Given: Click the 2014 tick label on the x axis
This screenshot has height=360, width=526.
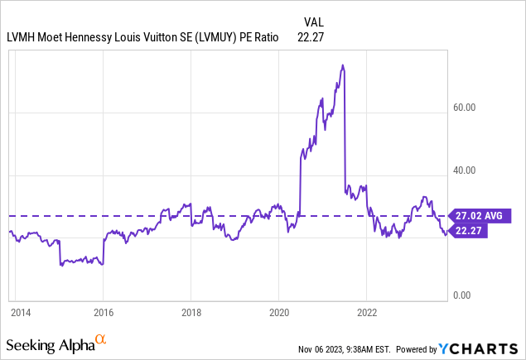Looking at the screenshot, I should tap(21, 313).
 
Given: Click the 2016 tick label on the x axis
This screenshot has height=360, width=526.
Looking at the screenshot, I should tap(102, 313).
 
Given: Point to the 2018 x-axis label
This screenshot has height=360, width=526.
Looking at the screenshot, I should tap(191, 313).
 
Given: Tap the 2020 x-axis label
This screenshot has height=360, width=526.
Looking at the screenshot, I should tap(278, 313).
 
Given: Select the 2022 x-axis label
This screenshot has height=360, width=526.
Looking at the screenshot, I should tap(367, 313).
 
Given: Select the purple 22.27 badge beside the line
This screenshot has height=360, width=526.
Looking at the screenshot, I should tap(468, 231).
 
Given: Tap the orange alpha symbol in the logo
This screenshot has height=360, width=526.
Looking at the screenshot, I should tap(100, 339).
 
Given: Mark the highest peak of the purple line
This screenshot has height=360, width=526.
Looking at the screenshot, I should tap(343, 65).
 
